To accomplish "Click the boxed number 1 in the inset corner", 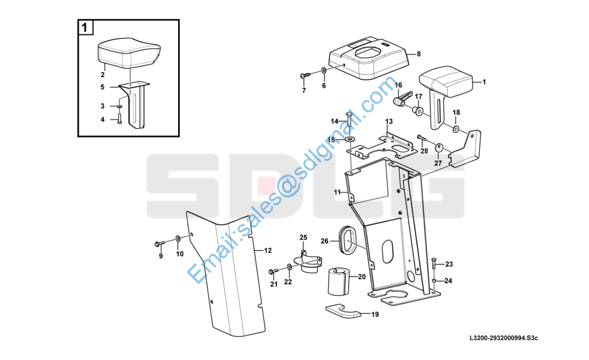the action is [85, 28].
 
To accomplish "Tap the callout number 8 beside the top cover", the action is [419, 54].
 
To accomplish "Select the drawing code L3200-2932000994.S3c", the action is [504, 338].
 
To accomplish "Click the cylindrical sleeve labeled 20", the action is [338, 281].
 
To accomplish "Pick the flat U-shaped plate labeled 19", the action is [342, 310].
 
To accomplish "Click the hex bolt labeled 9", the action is [160, 244].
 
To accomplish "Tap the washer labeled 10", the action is [178, 238].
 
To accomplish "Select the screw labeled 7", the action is [304, 76].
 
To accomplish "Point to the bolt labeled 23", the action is [434, 263].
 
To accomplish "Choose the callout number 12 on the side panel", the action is [268, 250].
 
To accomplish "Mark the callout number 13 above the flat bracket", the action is [389, 121].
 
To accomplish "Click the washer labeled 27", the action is [438, 146].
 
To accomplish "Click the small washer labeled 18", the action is [456, 129].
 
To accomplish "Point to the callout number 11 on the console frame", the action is [337, 192].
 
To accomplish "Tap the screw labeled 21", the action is [273, 271].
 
